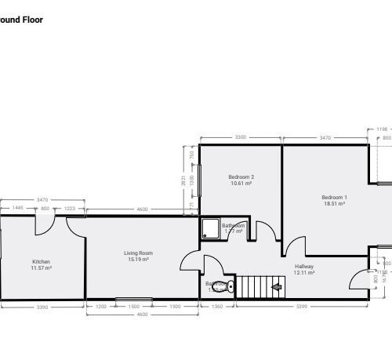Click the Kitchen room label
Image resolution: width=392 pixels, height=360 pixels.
click(x=42, y=261)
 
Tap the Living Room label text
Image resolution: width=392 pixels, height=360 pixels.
click(x=138, y=253)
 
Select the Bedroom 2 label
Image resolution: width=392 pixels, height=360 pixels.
click(x=241, y=176)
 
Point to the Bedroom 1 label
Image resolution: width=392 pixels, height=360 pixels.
click(x=334, y=196)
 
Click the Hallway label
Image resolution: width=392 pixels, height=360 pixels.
click(x=304, y=266)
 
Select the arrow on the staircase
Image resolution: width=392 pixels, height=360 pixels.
click(x=276, y=288)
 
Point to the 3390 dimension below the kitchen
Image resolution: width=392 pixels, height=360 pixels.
click(x=42, y=306)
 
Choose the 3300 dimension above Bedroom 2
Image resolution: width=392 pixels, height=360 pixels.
click(x=240, y=137)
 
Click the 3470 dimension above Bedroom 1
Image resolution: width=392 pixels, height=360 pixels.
click(x=325, y=137)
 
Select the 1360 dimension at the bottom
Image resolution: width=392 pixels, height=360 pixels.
click(x=217, y=306)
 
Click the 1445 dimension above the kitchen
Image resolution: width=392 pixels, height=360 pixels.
click(x=17, y=209)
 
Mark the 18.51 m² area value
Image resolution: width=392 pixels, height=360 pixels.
click(x=334, y=203)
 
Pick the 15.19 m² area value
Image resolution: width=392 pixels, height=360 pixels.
click(x=138, y=260)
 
